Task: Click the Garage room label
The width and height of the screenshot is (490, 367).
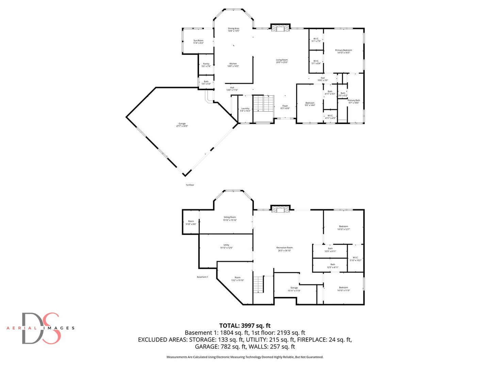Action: [x=182, y=125]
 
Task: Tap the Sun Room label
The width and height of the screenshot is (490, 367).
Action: [x=198, y=41]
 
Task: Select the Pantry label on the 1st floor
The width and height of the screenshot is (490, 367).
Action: [x=206, y=65]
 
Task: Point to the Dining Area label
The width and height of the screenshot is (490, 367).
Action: [x=233, y=30]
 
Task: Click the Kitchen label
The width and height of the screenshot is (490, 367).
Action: [x=233, y=65]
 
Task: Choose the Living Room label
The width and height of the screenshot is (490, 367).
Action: [x=282, y=61]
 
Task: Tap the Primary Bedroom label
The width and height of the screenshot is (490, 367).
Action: [x=343, y=51]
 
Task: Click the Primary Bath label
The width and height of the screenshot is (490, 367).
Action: [x=354, y=101]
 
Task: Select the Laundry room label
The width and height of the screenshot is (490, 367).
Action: [x=245, y=109]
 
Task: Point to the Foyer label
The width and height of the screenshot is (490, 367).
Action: [x=285, y=107]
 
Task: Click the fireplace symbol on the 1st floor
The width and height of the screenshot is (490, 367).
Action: [x=280, y=29]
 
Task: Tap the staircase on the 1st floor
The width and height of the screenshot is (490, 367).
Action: [x=264, y=103]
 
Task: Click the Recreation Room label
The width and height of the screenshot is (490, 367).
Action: [x=284, y=249]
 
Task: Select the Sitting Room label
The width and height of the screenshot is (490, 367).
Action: [x=230, y=219]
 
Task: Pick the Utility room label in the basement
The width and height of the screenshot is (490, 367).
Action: [x=226, y=246]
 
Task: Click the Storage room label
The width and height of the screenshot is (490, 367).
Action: [x=294, y=289]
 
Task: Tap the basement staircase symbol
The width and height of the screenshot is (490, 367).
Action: [x=259, y=284]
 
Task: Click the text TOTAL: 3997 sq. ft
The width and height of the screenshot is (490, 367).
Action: [x=245, y=326]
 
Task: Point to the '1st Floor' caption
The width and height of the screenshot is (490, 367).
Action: [x=190, y=185]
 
